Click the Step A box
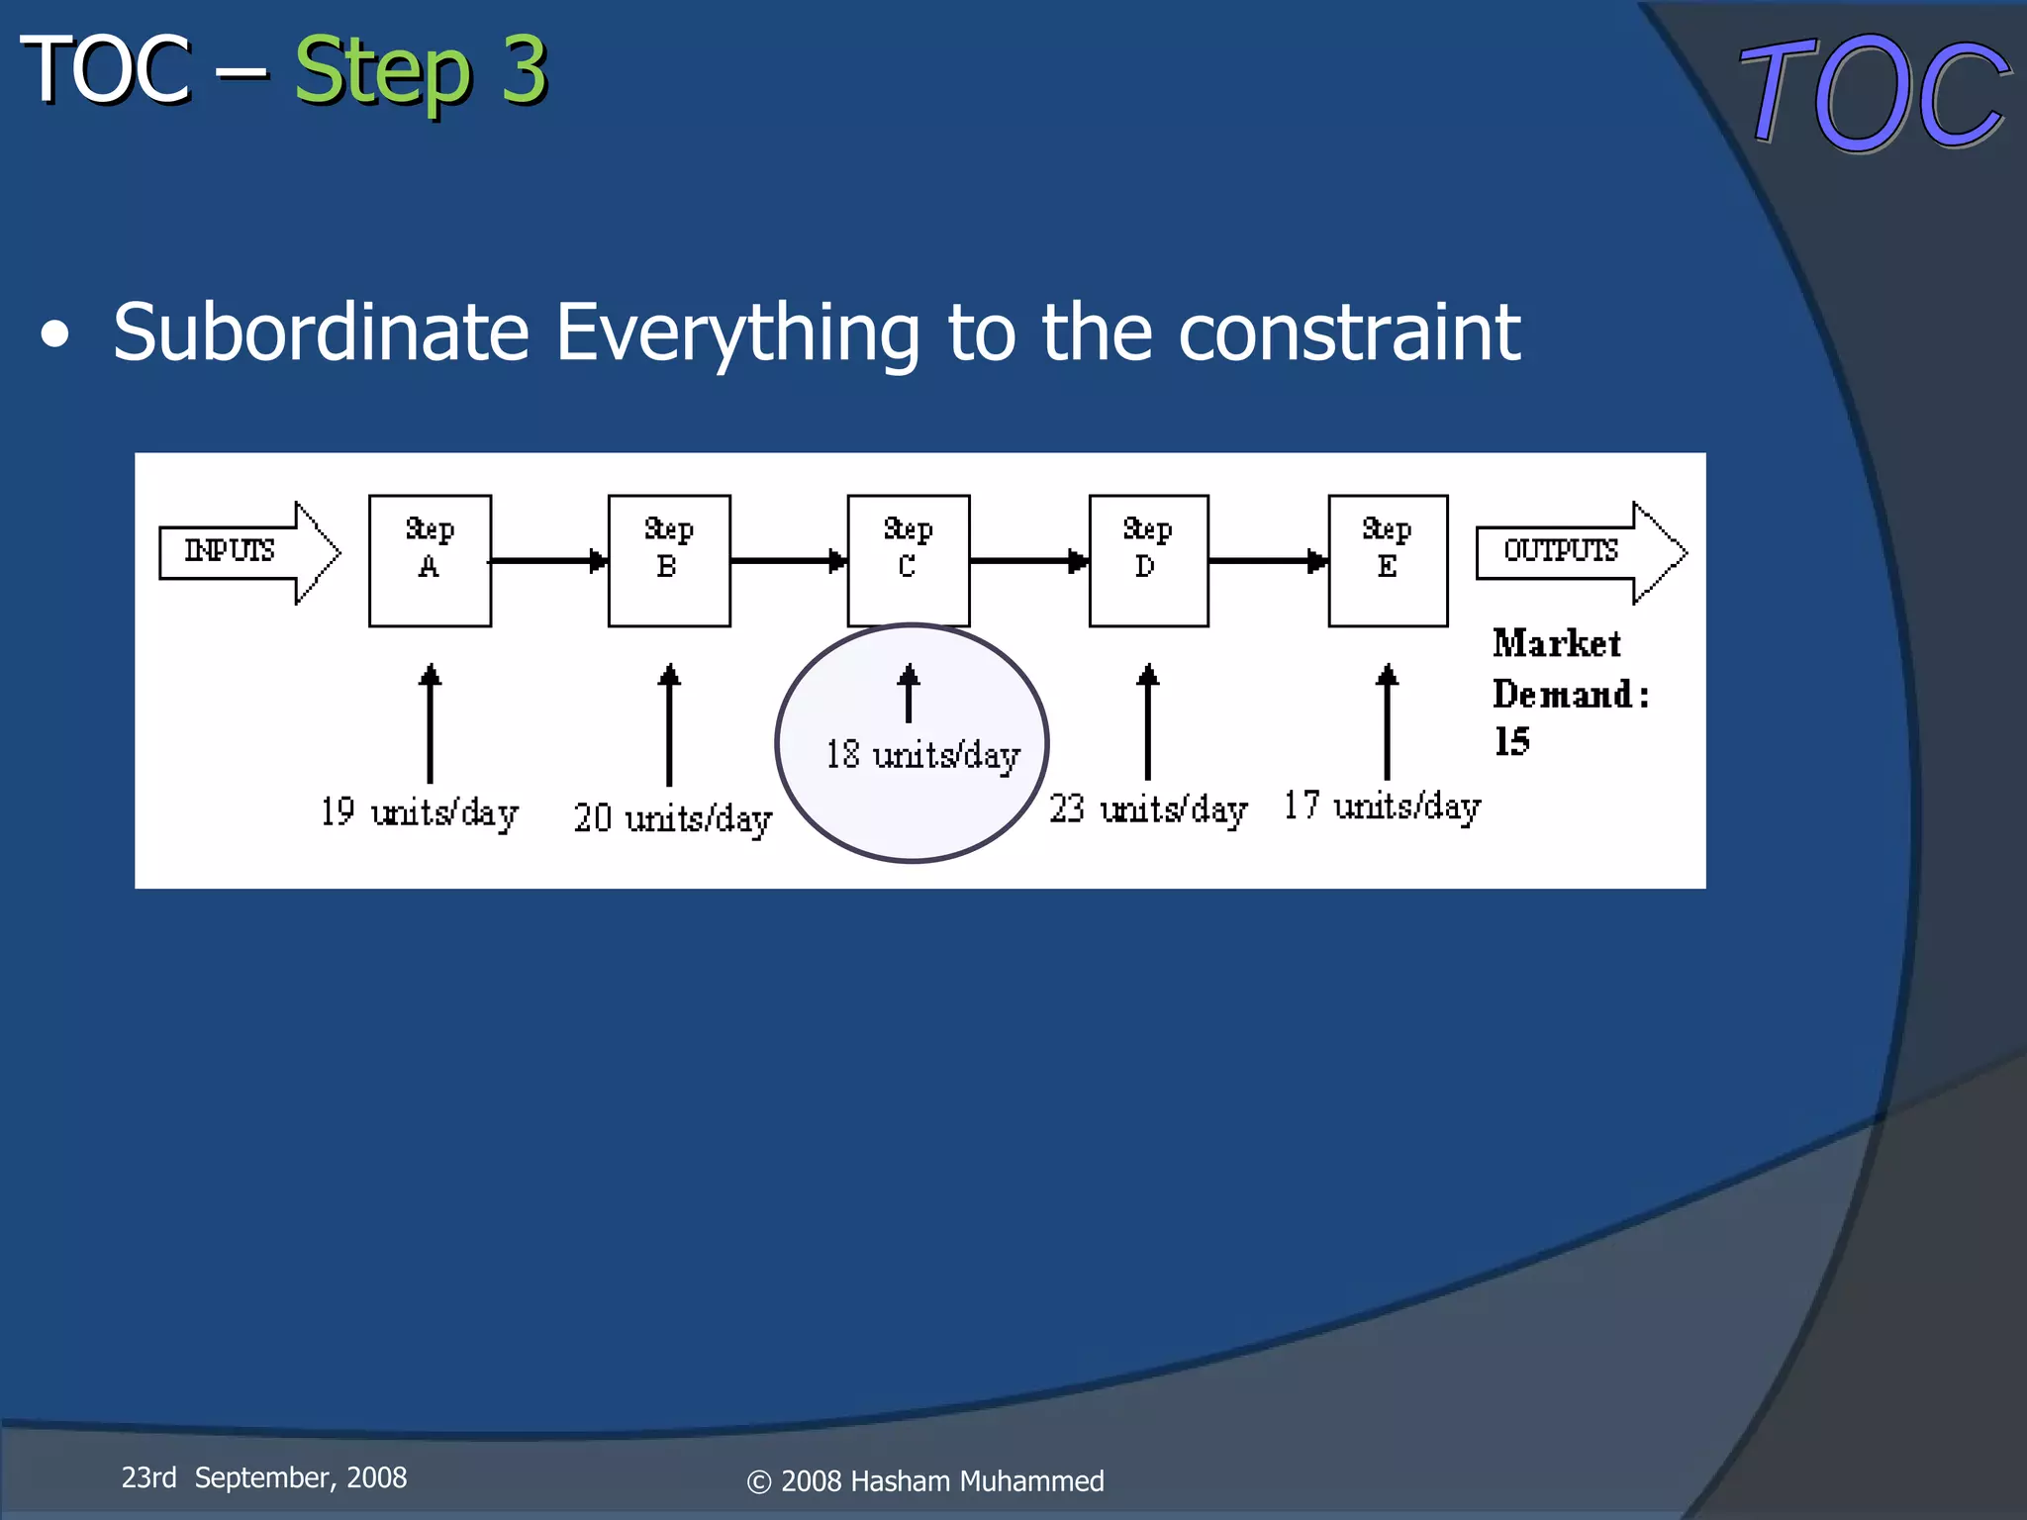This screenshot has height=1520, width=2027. click(x=430, y=560)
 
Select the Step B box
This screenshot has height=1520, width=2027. click(x=669, y=560)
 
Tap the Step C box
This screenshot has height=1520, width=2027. click(x=909, y=560)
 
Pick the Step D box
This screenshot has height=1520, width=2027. click(x=1148, y=560)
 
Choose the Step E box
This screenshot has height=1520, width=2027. click(x=1388, y=560)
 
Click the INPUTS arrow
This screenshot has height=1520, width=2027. click(x=247, y=551)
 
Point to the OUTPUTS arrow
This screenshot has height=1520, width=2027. click(x=1579, y=551)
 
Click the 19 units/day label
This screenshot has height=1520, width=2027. click(x=419, y=812)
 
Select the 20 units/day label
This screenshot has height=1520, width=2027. click(x=672, y=818)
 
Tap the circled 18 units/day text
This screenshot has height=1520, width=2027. click(x=922, y=755)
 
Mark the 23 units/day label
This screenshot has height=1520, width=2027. click(x=1148, y=809)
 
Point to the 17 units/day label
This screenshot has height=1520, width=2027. click(x=1382, y=807)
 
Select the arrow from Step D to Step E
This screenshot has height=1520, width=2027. click(x=1268, y=561)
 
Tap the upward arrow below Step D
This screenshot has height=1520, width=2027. click(x=1147, y=722)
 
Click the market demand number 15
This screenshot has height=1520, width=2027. click(x=1511, y=741)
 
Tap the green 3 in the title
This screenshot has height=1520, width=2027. click(x=524, y=69)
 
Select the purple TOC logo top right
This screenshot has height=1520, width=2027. click(x=1874, y=94)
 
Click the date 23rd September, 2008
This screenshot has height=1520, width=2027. click(x=263, y=1477)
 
